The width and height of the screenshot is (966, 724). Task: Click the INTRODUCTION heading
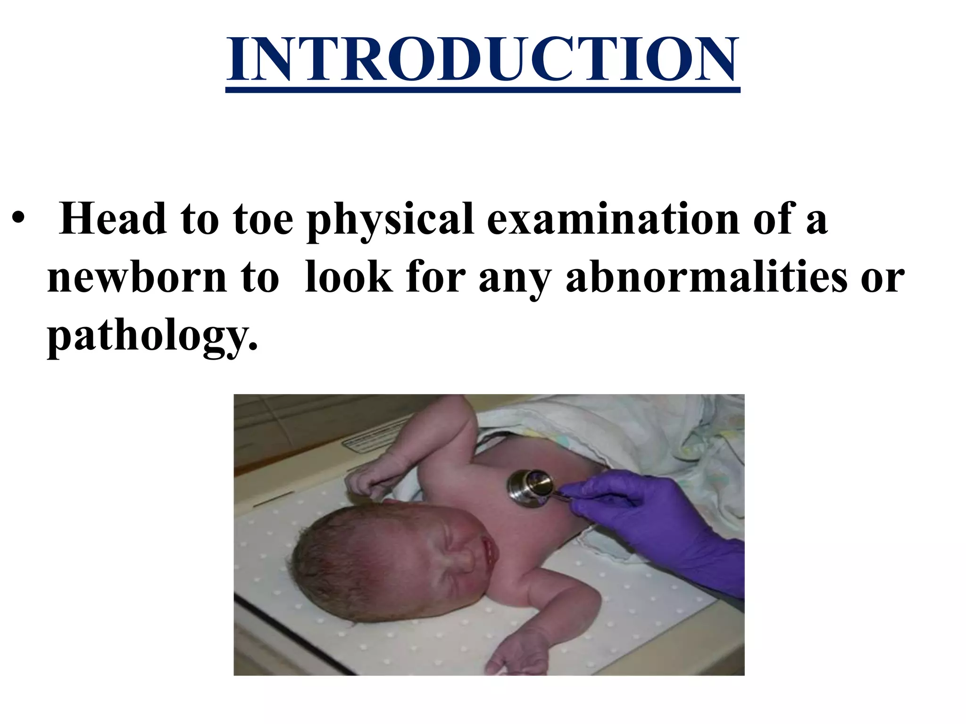(x=483, y=59)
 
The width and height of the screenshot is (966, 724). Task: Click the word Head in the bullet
(x=113, y=219)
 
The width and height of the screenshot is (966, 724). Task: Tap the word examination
(x=613, y=219)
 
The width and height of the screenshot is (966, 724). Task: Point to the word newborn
(x=137, y=278)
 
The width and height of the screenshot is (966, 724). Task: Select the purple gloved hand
(x=660, y=523)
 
